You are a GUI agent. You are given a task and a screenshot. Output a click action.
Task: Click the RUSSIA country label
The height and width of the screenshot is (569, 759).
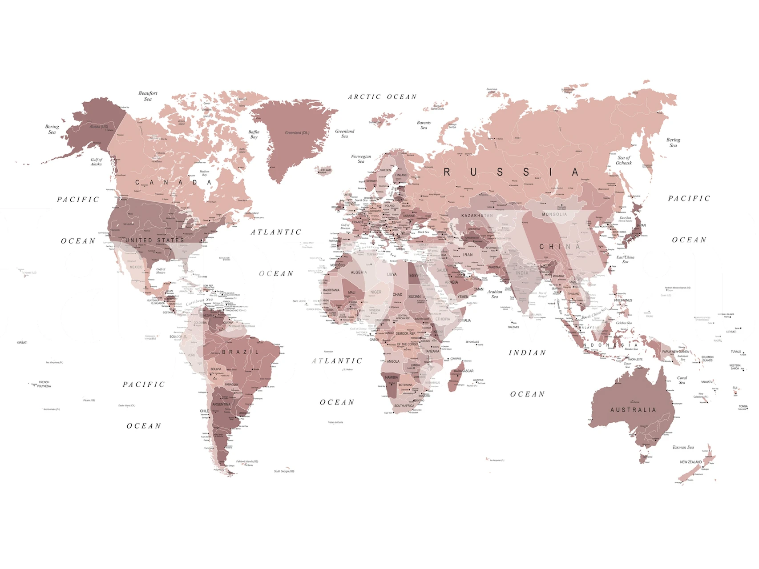511,172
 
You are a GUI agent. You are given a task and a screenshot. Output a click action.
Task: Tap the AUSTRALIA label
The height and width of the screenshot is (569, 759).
633,410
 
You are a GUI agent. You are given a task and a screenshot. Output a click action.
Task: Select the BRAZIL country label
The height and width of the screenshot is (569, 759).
240,352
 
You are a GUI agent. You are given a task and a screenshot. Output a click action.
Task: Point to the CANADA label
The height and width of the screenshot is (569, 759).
173,182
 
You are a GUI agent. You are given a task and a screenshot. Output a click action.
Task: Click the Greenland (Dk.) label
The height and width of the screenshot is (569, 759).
297,132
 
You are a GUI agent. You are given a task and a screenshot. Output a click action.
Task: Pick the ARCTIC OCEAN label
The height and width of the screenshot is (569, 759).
382,96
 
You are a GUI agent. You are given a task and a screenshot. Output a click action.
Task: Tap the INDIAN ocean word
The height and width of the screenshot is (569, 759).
527,353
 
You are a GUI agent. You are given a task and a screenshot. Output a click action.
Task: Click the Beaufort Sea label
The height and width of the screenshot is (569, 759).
148,96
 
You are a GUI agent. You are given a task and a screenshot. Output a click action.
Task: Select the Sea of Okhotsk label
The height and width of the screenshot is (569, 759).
624,160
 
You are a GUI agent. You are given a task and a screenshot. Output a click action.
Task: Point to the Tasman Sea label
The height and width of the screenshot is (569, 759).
682,447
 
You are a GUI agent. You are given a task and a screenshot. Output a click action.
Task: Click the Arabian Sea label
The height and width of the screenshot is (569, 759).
495,294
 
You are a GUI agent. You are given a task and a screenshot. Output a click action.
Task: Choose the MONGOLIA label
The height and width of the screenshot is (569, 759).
554,214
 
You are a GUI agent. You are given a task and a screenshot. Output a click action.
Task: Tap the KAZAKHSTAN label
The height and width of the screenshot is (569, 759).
477,216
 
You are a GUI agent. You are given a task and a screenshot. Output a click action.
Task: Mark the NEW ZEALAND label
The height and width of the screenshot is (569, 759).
690,462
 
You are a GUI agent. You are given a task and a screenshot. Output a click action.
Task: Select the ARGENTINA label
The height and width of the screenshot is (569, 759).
221,405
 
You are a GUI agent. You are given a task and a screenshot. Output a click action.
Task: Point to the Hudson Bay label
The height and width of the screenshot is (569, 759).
204,173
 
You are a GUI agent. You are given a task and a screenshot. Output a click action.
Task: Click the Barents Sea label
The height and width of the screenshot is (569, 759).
424,125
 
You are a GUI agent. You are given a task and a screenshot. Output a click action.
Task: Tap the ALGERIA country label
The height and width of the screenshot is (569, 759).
359,272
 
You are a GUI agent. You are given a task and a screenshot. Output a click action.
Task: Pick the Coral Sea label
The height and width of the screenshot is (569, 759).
682,380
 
